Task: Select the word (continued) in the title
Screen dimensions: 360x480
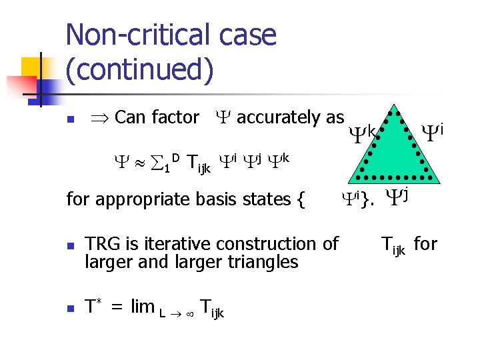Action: (140, 70)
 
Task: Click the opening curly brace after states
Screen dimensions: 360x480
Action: (299, 199)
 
